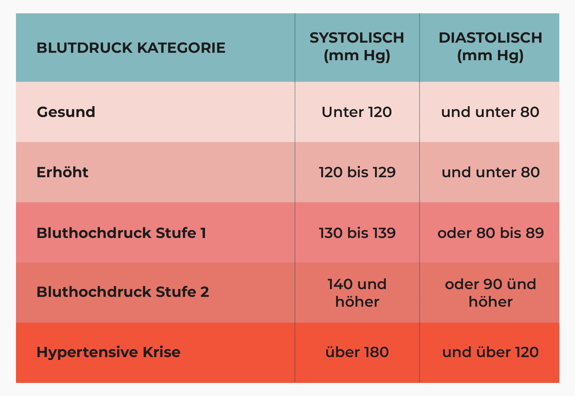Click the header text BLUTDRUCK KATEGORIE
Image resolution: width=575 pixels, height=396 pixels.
click(x=131, y=48)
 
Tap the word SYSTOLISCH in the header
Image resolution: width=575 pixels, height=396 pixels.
click(x=357, y=38)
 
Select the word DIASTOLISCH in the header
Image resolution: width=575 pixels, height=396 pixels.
click(x=490, y=38)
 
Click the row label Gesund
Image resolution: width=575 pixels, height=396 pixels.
click(x=66, y=112)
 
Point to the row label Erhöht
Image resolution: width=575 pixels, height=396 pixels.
click(x=62, y=172)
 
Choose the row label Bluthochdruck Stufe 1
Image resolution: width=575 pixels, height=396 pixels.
click(x=121, y=233)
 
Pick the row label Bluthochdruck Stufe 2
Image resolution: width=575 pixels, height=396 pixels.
click(x=123, y=292)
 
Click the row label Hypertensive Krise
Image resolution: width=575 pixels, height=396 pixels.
click(x=108, y=352)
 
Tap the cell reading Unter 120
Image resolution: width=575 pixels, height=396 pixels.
click(x=357, y=112)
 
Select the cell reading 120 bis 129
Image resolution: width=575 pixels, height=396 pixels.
click(x=357, y=172)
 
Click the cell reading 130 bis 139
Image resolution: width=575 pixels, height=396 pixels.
click(x=357, y=233)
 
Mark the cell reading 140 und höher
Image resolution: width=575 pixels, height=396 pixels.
click(x=357, y=293)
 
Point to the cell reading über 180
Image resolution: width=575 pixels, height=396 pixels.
click(x=357, y=352)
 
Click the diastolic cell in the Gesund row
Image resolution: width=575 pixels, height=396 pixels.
click(x=490, y=112)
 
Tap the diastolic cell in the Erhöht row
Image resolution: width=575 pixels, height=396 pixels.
click(x=491, y=172)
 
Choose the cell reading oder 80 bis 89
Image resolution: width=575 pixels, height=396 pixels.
click(x=491, y=233)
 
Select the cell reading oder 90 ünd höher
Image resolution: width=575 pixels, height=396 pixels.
click(x=491, y=293)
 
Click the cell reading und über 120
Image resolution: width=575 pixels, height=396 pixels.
click(x=491, y=352)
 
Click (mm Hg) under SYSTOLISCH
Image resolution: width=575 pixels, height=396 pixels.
click(x=357, y=56)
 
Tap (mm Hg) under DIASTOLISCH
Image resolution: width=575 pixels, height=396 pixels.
click(x=490, y=56)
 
